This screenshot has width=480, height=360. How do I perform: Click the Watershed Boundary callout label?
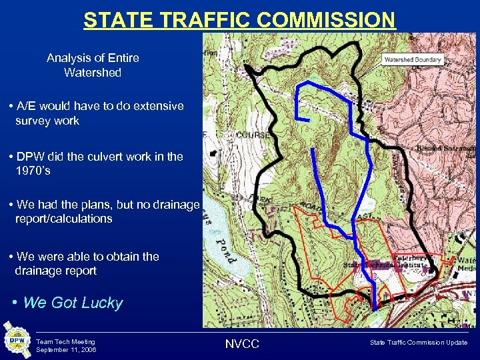(413, 59)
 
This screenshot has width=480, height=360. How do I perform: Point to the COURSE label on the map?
(253, 133)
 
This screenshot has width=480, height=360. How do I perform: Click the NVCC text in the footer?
(243, 343)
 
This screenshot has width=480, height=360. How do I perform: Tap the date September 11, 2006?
(66, 349)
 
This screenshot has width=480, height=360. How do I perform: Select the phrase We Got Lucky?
(73, 303)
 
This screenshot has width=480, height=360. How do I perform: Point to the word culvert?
(113, 157)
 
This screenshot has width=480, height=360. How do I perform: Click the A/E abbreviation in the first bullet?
(29, 106)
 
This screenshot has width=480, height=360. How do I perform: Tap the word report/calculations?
(64, 219)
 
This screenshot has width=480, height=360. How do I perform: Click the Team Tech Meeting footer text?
(65, 341)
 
